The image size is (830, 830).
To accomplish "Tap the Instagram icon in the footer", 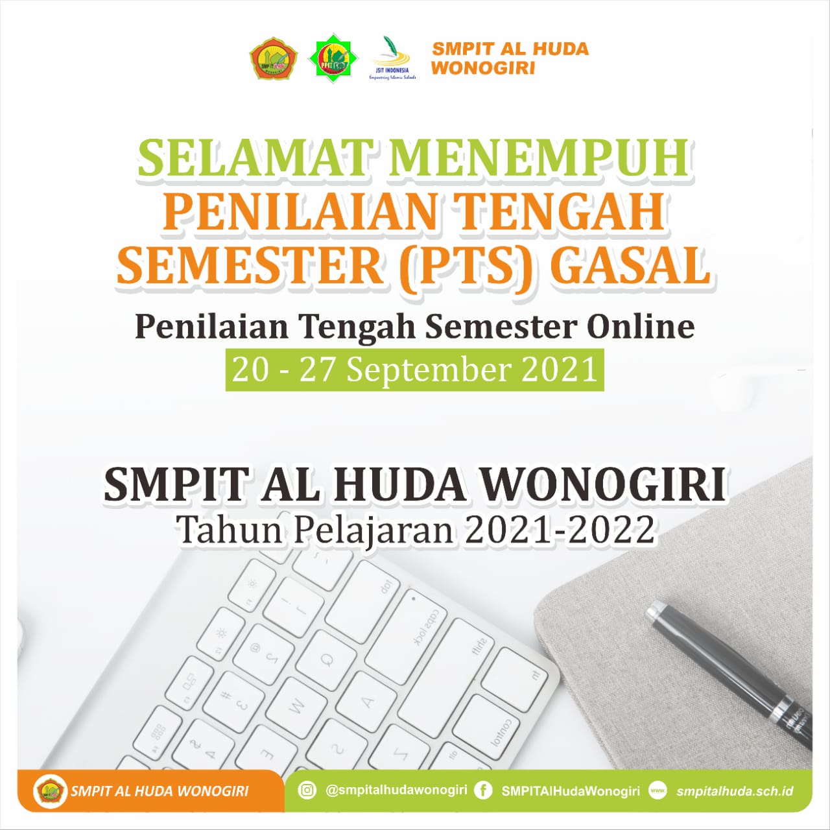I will point(307,790).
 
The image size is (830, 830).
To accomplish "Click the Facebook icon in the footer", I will point(482,790).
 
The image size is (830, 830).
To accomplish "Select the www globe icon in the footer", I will point(658,790).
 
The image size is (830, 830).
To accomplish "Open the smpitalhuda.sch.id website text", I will point(735,791).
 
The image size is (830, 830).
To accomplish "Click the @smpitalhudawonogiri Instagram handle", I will point(396,790).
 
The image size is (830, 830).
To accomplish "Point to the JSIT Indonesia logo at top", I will point(392,58).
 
